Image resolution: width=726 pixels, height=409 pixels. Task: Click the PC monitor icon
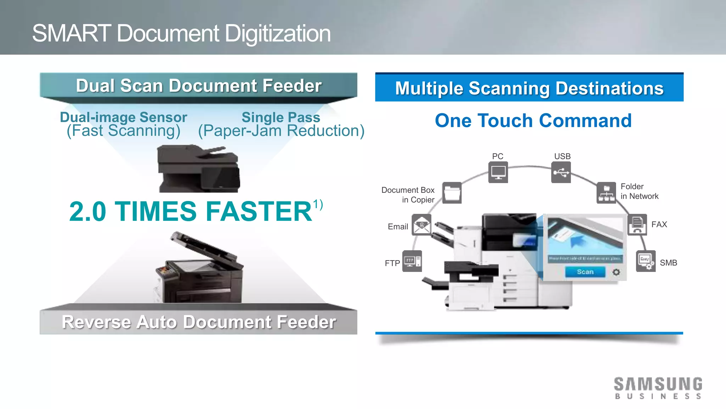tap(498, 172)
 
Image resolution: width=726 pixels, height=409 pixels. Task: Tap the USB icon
tap(561, 172)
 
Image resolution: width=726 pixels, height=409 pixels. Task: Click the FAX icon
tap(637, 225)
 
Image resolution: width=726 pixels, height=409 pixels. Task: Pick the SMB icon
tap(646, 261)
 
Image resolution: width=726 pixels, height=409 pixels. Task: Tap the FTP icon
tap(412, 261)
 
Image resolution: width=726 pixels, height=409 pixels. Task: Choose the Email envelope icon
tap(421, 225)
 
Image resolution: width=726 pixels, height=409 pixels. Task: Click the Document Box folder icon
tap(452, 193)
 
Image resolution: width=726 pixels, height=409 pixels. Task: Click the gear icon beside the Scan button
tap(616, 272)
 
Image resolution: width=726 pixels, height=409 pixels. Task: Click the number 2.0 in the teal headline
tap(88, 212)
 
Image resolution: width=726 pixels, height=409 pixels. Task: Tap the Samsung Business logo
tap(658, 388)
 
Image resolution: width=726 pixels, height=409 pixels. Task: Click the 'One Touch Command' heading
tap(533, 121)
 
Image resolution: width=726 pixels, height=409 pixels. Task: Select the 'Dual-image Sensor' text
tap(123, 117)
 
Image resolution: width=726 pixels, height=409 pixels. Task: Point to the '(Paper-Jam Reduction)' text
tap(281, 131)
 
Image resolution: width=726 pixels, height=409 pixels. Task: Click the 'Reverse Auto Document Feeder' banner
tap(199, 322)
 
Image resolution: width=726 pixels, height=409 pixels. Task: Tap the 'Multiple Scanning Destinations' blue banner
tap(529, 88)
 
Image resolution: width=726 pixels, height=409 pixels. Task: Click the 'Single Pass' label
tap(281, 117)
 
